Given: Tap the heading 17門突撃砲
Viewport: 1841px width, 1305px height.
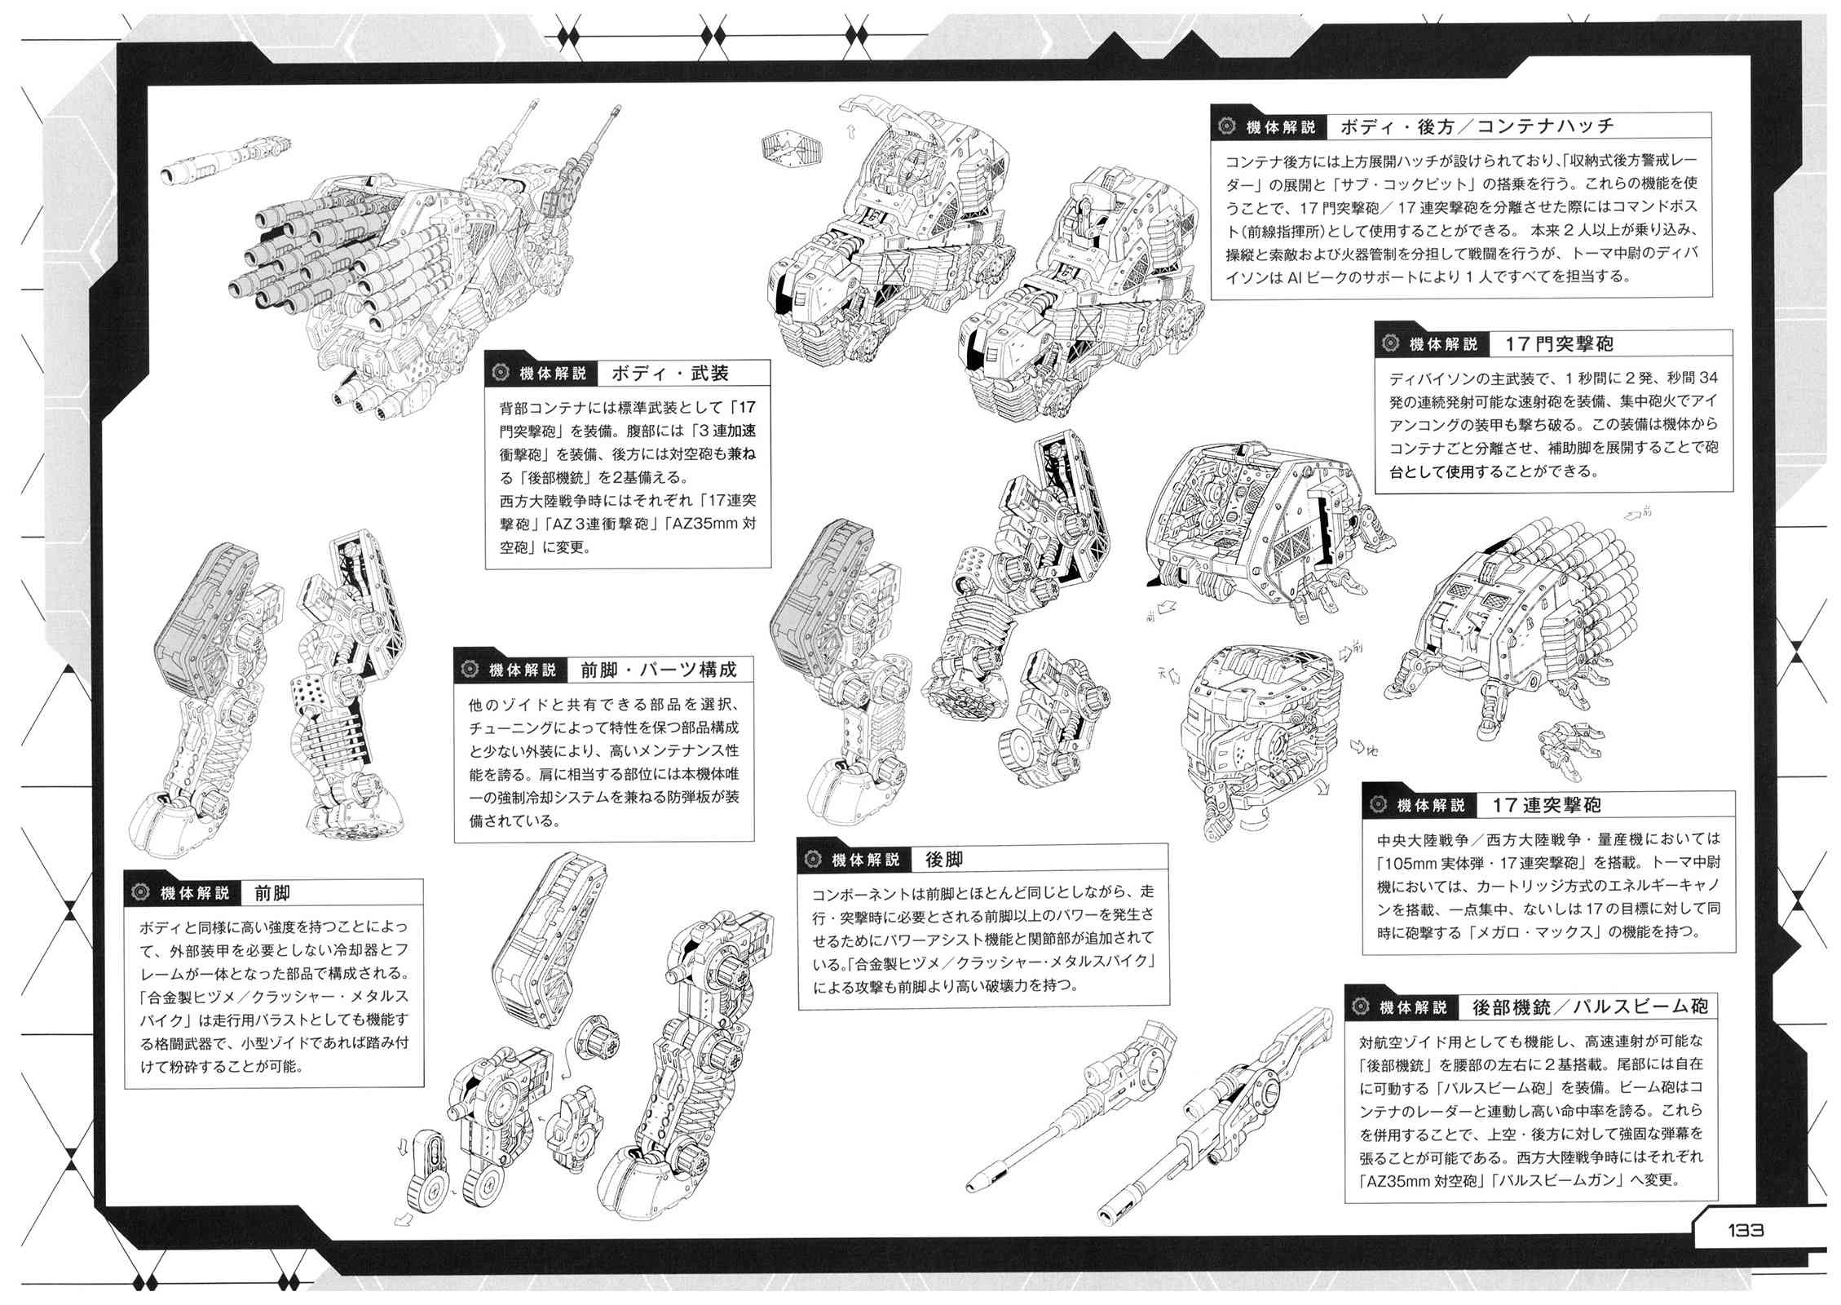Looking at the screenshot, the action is tap(1559, 344).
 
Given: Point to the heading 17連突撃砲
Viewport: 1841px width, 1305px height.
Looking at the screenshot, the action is tap(1547, 806).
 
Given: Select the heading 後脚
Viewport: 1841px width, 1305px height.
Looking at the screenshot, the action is tap(944, 859).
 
